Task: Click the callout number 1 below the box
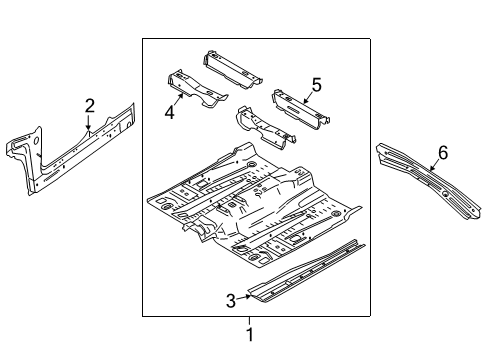[x=249, y=335]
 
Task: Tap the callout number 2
[x=89, y=105]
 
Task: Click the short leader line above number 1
[x=249, y=321]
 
